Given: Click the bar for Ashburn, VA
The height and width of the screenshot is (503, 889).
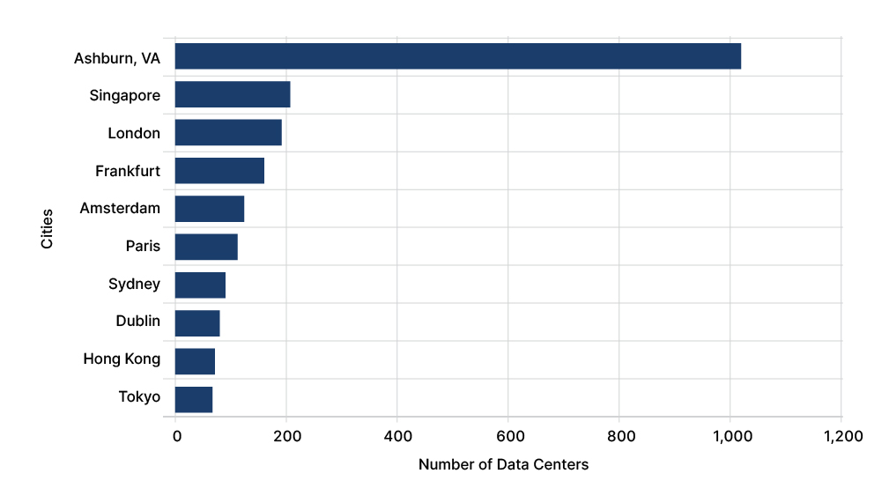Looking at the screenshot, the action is coord(458,56).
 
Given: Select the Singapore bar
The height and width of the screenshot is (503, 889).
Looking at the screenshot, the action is coord(233,94).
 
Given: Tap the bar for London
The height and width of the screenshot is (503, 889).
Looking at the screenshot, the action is coord(228,132).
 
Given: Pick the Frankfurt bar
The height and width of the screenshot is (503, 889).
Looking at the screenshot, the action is coord(219,171).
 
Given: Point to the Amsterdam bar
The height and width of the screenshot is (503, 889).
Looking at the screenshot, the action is coord(210,209).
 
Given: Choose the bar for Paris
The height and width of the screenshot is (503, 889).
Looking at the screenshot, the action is coord(206,247).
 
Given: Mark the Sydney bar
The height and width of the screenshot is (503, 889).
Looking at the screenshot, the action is coord(200,285).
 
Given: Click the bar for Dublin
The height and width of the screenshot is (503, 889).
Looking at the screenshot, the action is coord(197,323).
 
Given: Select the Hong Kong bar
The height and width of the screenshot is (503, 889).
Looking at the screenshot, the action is coord(195,361).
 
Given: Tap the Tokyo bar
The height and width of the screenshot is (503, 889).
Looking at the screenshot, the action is coord(194,399).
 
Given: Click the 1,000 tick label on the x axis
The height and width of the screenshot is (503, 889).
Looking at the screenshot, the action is coord(732,436).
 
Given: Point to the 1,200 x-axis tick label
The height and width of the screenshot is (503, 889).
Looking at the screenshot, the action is coord(843,436).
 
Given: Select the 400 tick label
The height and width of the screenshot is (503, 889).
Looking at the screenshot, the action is coord(398,436).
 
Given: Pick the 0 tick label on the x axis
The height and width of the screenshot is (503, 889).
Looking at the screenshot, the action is coord(177,436).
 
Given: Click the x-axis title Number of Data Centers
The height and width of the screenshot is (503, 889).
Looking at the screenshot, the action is coord(503,464).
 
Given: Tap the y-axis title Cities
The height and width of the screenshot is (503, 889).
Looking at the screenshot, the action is coord(47,228).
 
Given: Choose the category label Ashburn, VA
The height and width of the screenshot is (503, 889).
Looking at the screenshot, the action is coord(117,58).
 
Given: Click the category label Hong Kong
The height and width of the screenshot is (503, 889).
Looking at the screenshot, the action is coord(122,359).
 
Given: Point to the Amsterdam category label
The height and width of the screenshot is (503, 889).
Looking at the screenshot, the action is coord(120,208).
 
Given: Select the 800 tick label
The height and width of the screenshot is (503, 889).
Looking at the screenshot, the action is coord(621,436).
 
